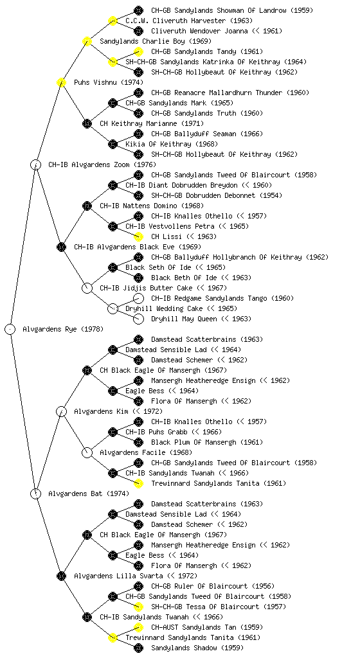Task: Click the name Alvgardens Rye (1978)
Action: point(63,329)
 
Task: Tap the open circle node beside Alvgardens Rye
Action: point(10,329)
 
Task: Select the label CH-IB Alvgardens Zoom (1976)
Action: point(102,164)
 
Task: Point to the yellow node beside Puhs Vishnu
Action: point(61,82)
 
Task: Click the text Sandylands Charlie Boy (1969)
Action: point(156,41)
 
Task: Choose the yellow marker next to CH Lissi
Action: point(138,236)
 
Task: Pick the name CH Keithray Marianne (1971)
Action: point(152,123)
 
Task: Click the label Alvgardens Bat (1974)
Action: point(89,493)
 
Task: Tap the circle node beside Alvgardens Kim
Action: point(61,411)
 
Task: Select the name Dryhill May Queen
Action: point(184,319)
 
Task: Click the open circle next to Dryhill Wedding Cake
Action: point(113,308)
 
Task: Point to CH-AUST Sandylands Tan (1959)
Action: point(207,627)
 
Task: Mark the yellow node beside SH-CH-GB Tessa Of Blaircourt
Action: point(138,607)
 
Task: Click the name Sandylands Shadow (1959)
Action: point(197,648)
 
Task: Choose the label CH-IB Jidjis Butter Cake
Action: point(146,288)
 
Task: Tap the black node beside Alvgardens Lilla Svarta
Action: point(61,576)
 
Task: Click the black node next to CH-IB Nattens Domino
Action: point(87,206)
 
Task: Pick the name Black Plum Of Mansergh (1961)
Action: point(207,442)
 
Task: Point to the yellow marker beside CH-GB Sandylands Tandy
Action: point(138,51)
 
